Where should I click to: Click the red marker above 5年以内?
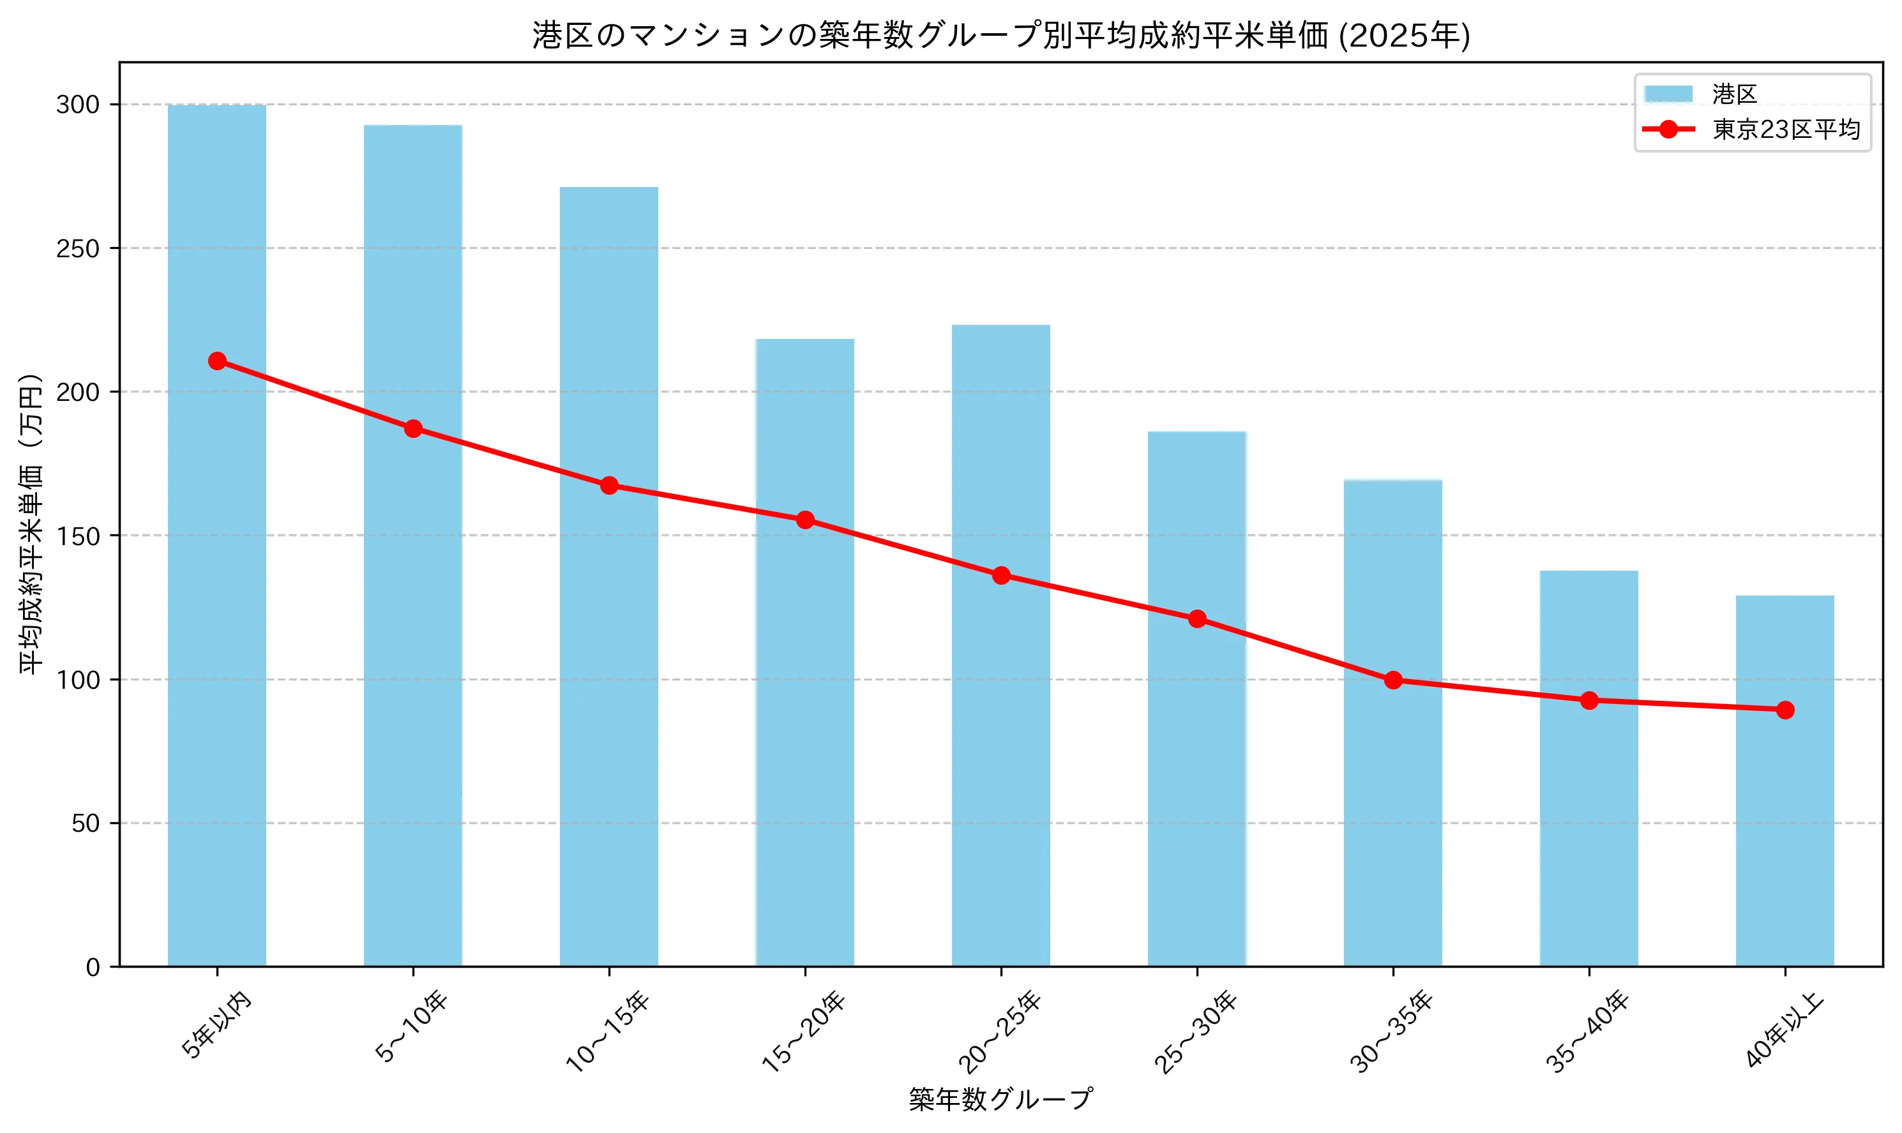(x=217, y=361)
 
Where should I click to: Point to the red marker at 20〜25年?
(x=1001, y=575)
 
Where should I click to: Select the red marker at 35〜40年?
(x=1589, y=700)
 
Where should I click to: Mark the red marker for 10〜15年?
(x=609, y=485)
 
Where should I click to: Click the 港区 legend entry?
(x=1733, y=94)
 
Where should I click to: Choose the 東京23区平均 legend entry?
(x=1785, y=129)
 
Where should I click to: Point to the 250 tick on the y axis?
(x=78, y=248)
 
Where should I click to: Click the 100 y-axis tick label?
(x=78, y=680)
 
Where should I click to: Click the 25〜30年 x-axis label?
(x=1196, y=1031)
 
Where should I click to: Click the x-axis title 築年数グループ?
(x=1000, y=1099)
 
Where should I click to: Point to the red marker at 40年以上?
(x=1785, y=709)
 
